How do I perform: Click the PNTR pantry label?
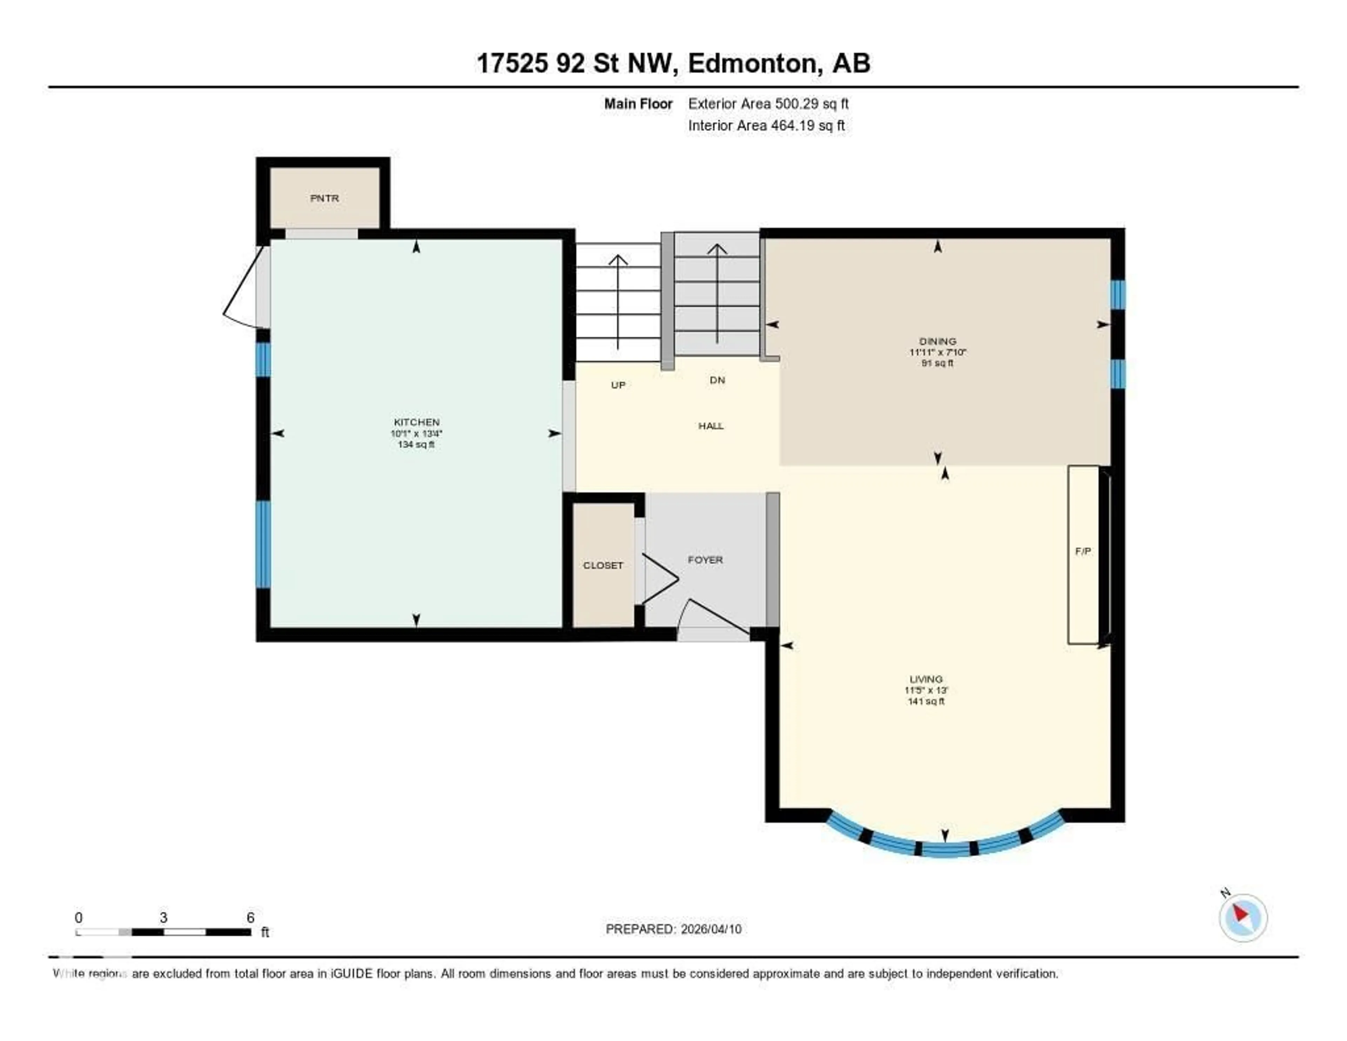pos(324,198)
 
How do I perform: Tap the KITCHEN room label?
pos(416,422)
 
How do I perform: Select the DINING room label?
pos(938,341)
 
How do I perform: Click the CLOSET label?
pos(603,565)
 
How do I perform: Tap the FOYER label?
pos(705,560)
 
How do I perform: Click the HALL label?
pos(710,426)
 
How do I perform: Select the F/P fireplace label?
pos(1083,551)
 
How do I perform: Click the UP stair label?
pos(618,385)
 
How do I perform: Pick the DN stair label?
pos(717,380)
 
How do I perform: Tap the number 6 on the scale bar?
pos(250,917)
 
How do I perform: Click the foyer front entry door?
pos(716,619)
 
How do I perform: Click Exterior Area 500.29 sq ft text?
pos(768,104)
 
